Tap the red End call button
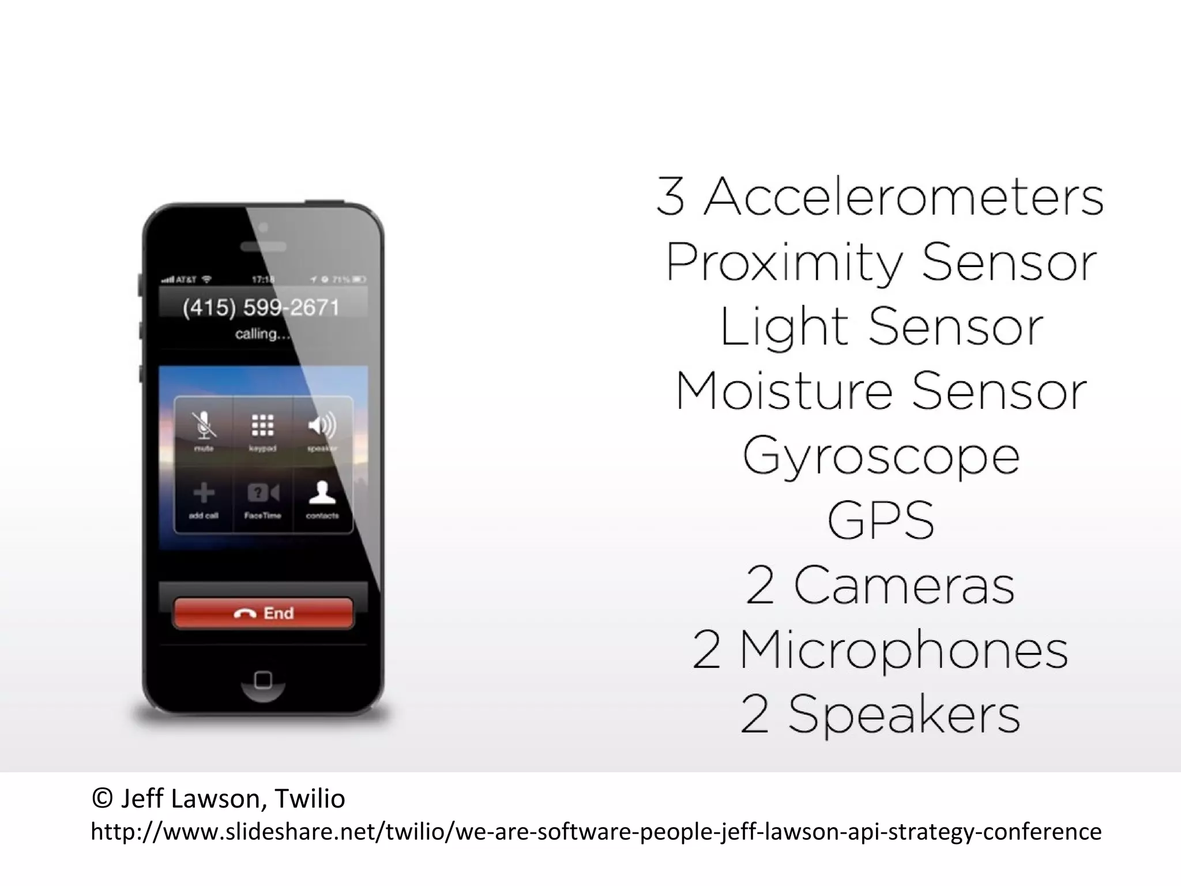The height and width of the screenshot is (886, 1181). click(x=263, y=613)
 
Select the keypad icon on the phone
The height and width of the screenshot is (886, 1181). click(x=262, y=426)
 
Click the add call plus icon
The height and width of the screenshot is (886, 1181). click(x=204, y=493)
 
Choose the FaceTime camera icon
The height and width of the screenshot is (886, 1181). click(x=263, y=493)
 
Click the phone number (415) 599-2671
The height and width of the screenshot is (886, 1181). click(x=261, y=307)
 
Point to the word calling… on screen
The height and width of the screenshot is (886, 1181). click(x=262, y=333)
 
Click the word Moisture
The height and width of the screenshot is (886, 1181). click(x=784, y=392)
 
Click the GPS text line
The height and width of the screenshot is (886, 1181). click(x=881, y=520)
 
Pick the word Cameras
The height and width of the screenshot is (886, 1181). click(x=904, y=585)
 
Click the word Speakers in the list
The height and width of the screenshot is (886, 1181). click(x=904, y=714)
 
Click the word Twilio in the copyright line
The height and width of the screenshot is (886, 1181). click(x=310, y=799)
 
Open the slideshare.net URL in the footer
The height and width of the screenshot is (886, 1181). click(x=596, y=832)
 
